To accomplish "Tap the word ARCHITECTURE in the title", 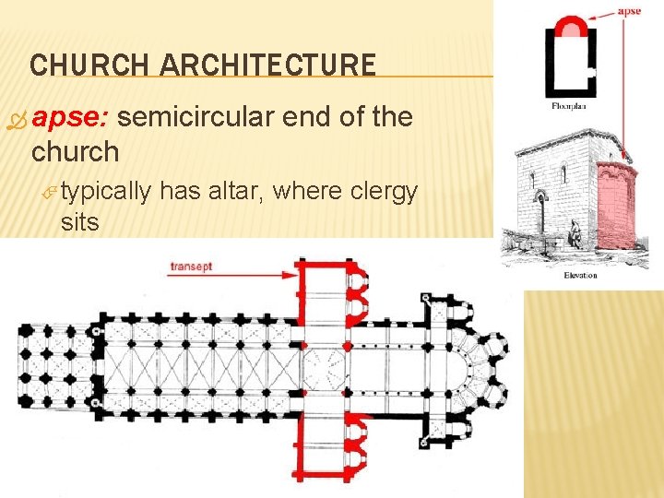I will pyautogui.click(x=267, y=65).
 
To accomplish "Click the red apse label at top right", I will pyautogui.click(x=629, y=11).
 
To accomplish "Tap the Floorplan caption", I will pyautogui.click(x=568, y=106).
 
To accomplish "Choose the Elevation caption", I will pyautogui.click(x=580, y=275).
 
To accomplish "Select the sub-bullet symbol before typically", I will pyautogui.click(x=53, y=193).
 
